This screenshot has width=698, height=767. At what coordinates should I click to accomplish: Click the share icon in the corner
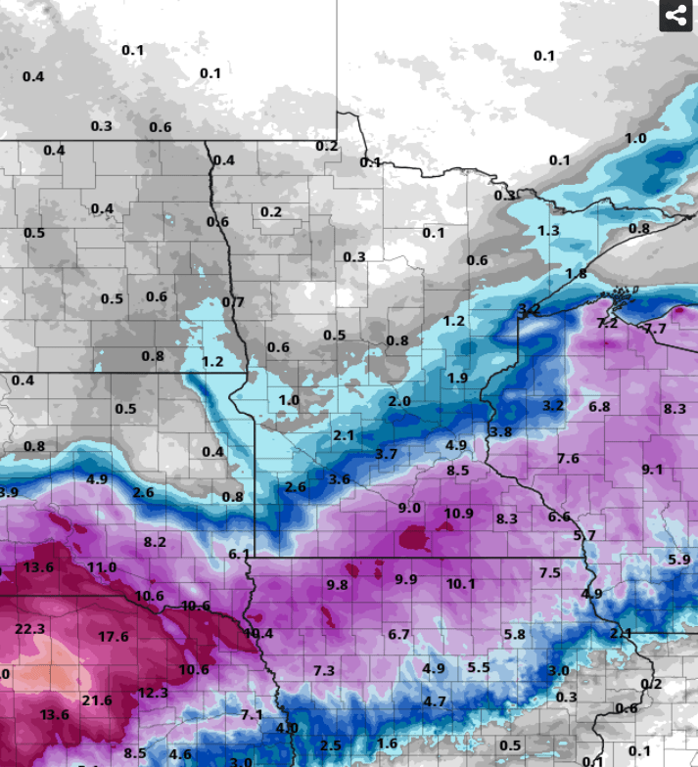[x=675, y=16]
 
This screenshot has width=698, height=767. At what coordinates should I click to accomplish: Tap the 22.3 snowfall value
[x=30, y=628]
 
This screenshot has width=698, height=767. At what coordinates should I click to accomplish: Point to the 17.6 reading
[x=113, y=637]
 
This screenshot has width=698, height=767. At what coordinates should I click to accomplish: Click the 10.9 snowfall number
[x=458, y=514]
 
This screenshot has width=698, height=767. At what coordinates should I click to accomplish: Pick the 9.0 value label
[x=409, y=508]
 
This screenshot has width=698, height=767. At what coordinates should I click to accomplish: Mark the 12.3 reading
[x=153, y=693]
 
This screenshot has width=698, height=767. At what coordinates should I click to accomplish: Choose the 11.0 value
[x=101, y=567]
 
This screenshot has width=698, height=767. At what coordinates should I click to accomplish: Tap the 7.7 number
[x=655, y=329]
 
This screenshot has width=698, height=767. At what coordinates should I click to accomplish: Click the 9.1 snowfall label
[x=652, y=470]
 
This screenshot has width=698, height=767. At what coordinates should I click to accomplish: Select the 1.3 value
[x=548, y=231]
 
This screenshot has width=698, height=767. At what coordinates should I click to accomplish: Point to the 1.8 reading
[x=576, y=274]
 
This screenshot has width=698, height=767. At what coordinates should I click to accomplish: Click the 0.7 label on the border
[x=233, y=302]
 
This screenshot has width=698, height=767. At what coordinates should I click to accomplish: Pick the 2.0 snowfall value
[x=398, y=401]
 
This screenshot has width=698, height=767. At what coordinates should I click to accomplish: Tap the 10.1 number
[x=460, y=584]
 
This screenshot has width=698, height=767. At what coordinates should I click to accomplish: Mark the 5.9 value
[x=679, y=560]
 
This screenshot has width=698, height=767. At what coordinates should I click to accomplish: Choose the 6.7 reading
[x=398, y=635]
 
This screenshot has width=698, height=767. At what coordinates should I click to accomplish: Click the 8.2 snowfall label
[x=155, y=542]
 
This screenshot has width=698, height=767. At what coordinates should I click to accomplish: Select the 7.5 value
[x=549, y=573]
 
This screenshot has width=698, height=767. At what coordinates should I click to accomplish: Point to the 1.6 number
[x=388, y=744]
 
